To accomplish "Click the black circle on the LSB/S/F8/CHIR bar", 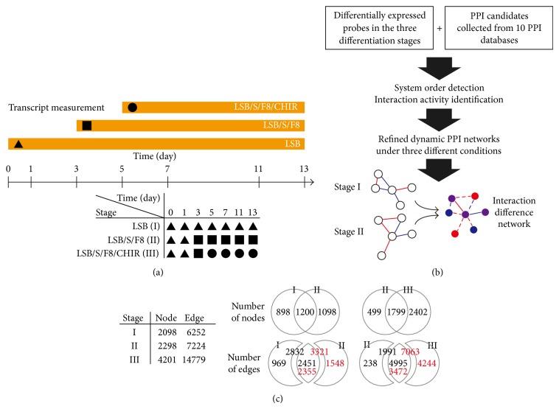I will [x=132, y=108].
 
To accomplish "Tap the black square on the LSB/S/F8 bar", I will [x=86, y=125].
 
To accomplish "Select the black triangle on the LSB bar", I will [x=18, y=143].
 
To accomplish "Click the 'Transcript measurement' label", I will [x=62, y=108].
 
